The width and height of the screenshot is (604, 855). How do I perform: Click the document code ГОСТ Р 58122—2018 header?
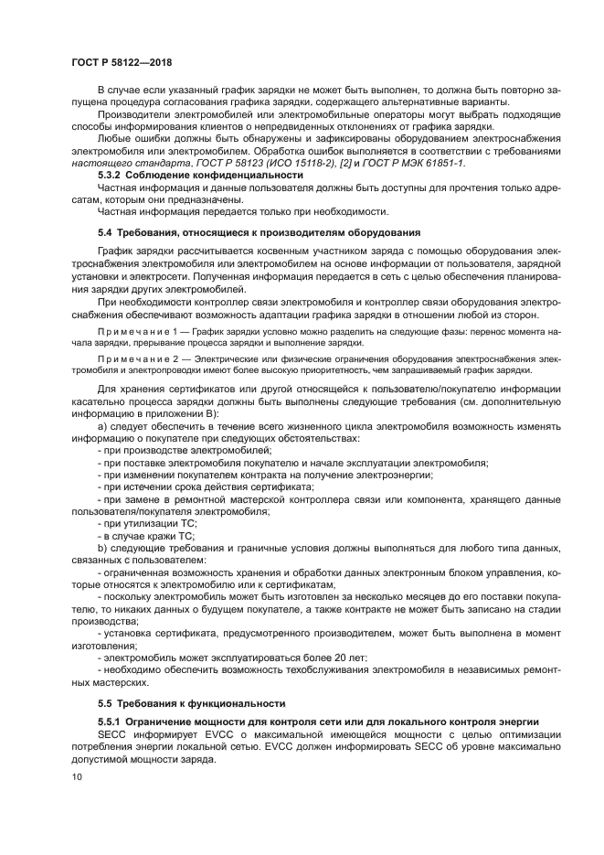pos(121,62)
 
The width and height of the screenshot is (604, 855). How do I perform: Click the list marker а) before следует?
pos(102,427)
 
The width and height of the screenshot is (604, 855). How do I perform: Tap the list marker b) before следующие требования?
pos(102,548)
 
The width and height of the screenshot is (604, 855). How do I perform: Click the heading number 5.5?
pos(107,703)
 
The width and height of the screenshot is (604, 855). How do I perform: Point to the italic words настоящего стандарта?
pos(122,163)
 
